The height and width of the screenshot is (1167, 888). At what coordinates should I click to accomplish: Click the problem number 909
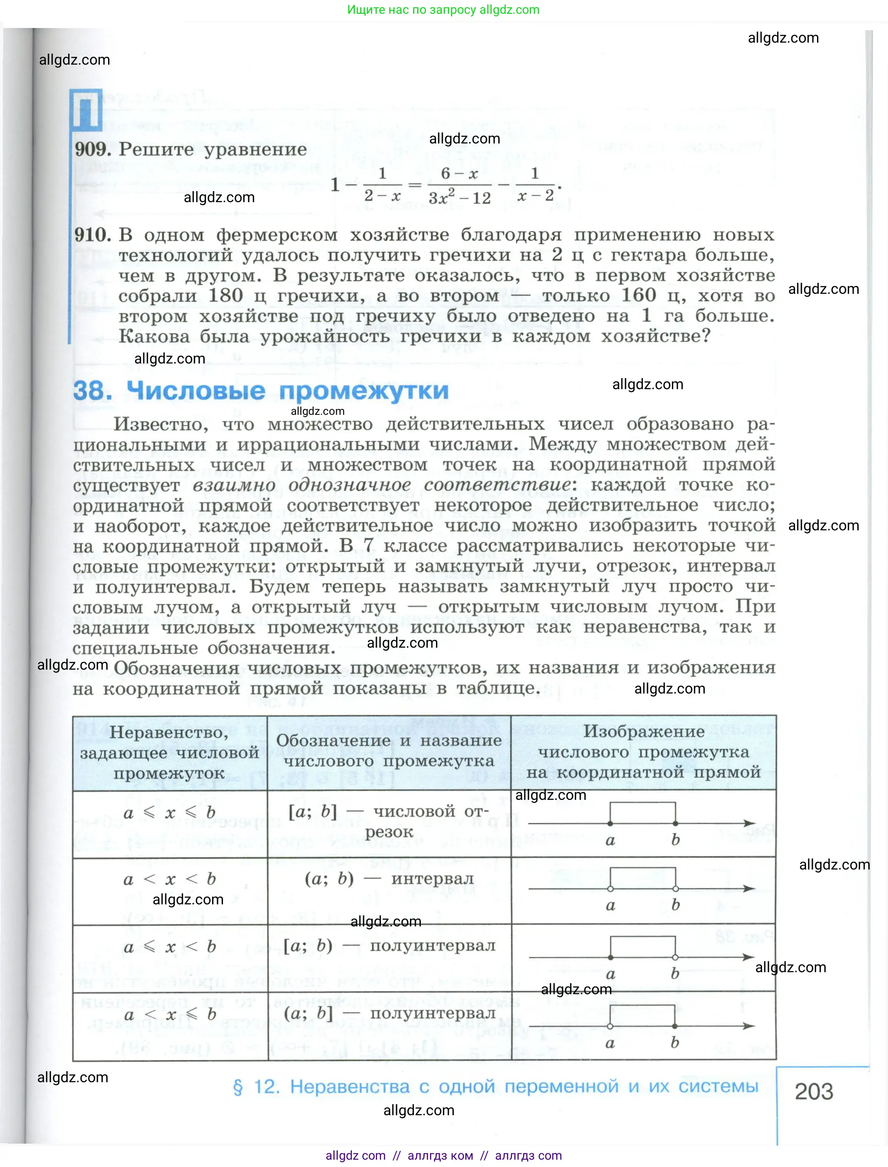(x=93, y=149)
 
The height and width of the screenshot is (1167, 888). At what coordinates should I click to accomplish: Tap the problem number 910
(x=93, y=234)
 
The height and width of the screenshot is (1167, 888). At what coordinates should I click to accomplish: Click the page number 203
(x=813, y=1091)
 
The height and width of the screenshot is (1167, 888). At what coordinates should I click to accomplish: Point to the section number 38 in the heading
(x=92, y=391)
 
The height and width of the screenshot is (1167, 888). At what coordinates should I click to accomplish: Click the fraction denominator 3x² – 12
(x=459, y=198)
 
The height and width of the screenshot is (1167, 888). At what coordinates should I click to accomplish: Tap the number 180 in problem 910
(x=226, y=295)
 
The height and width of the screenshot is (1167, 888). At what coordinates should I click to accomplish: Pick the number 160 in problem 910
(x=638, y=295)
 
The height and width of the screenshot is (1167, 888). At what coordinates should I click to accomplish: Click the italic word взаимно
(x=234, y=484)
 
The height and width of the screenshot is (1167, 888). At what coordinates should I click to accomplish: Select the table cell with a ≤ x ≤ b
(x=169, y=813)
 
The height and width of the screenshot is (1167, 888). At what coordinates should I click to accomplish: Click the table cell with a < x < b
(x=169, y=879)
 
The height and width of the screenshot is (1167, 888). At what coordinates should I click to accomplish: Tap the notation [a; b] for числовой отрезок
(x=312, y=811)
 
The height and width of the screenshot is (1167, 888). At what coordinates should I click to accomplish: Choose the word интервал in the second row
(x=432, y=879)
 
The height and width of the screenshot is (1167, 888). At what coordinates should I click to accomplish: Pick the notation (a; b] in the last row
(x=308, y=1013)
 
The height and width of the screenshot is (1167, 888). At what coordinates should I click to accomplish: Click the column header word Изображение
(x=643, y=732)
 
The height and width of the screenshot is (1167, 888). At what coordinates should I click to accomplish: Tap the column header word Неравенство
(x=169, y=732)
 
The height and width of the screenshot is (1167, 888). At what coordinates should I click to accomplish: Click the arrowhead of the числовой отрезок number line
(x=749, y=823)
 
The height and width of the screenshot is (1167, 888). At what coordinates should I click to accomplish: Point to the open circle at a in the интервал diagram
(x=610, y=889)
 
